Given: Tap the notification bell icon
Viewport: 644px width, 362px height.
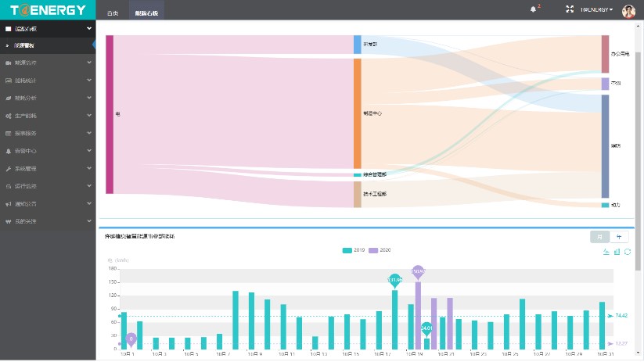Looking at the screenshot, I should (534, 9).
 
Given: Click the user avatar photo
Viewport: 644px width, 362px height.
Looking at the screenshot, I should (628, 10).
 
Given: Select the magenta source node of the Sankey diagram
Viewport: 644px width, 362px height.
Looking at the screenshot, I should (110, 114).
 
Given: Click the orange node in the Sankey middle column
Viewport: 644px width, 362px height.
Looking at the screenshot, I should (357, 113).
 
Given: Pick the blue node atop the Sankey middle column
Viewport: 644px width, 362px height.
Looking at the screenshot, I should (357, 45).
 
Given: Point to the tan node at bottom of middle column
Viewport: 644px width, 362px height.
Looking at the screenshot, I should (357, 194).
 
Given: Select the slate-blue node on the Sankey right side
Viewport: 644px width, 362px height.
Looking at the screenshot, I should (605, 146).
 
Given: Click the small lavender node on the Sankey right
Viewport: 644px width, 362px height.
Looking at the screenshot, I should (605, 84).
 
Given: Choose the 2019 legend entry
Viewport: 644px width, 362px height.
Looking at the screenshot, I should (354, 250).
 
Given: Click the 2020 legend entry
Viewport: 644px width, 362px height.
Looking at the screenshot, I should (380, 250).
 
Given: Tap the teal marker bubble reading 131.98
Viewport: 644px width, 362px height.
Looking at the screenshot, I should (394, 279).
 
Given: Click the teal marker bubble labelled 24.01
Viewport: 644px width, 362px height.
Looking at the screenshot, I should (426, 328).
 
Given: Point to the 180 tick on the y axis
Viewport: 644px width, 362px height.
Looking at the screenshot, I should (113, 268).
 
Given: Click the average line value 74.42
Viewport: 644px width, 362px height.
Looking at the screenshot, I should (622, 315).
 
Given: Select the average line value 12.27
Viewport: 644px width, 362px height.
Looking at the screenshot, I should (622, 343).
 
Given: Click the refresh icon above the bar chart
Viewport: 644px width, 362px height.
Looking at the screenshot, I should (628, 252).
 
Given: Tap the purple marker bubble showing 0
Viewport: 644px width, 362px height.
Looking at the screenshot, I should (131, 339).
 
